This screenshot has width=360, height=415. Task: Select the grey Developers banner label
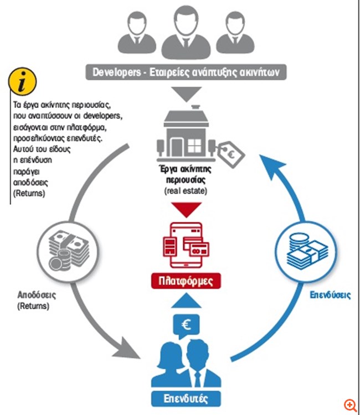(x=186, y=72)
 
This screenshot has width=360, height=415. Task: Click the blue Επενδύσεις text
(x=330, y=295)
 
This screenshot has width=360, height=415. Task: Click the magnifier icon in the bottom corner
(x=349, y=405)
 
